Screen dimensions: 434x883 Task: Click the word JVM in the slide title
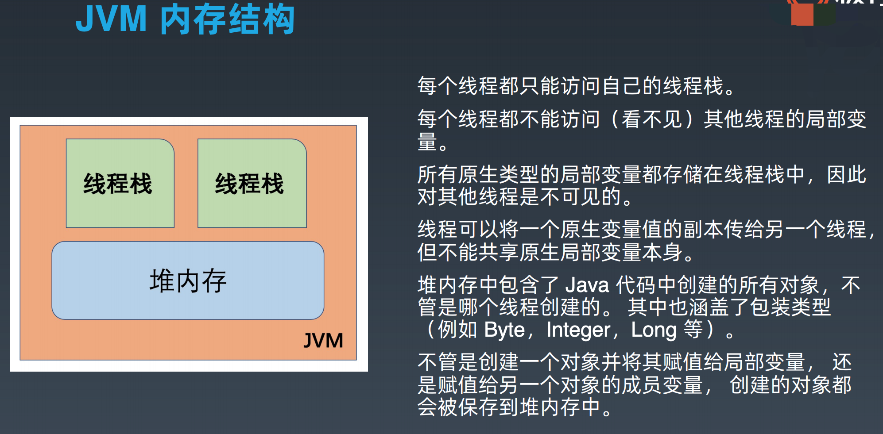(x=111, y=19)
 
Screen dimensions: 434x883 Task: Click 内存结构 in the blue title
(x=227, y=19)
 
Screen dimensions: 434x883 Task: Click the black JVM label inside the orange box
(x=323, y=341)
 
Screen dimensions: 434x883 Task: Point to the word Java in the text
(x=587, y=285)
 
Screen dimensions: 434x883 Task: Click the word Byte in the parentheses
(x=504, y=330)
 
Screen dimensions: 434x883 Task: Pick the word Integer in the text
(x=578, y=330)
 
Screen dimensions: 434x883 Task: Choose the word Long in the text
(x=654, y=330)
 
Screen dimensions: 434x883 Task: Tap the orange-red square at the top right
(x=802, y=14)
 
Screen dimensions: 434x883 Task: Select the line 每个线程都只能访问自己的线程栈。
(x=576, y=86)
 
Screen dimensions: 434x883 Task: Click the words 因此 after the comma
(x=846, y=174)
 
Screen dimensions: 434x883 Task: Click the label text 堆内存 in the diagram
(x=188, y=281)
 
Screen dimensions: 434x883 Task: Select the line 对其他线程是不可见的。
(x=525, y=196)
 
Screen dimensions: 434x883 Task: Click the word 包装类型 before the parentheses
(x=790, y=307)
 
